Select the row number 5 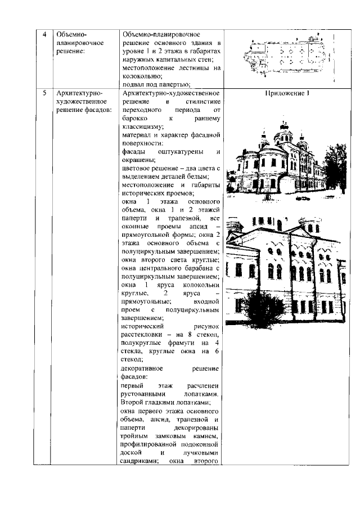point(45,93)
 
